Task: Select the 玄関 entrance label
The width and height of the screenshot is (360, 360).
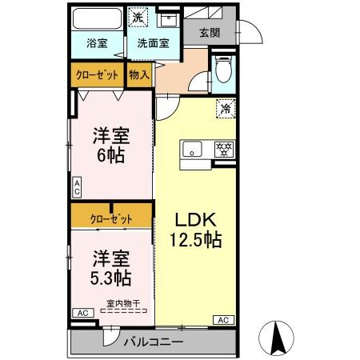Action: coord(210,33)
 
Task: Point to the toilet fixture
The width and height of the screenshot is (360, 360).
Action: coord(223,70)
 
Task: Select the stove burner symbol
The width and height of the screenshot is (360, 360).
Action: coord(224,149)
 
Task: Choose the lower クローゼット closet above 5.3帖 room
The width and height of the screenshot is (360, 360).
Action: coord(110,217)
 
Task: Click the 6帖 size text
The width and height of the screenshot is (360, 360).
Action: coord(111,155)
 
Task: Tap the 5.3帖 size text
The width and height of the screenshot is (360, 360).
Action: coord(111,279)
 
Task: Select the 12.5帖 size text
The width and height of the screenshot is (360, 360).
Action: coord(194,238)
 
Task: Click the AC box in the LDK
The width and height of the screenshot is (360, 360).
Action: coord(223,320)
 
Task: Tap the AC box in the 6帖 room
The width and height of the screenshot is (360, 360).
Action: coord(77,188)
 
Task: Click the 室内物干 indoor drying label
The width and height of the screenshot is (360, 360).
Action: coord(123,303)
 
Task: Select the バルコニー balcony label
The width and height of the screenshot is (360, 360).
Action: coord(154,342)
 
